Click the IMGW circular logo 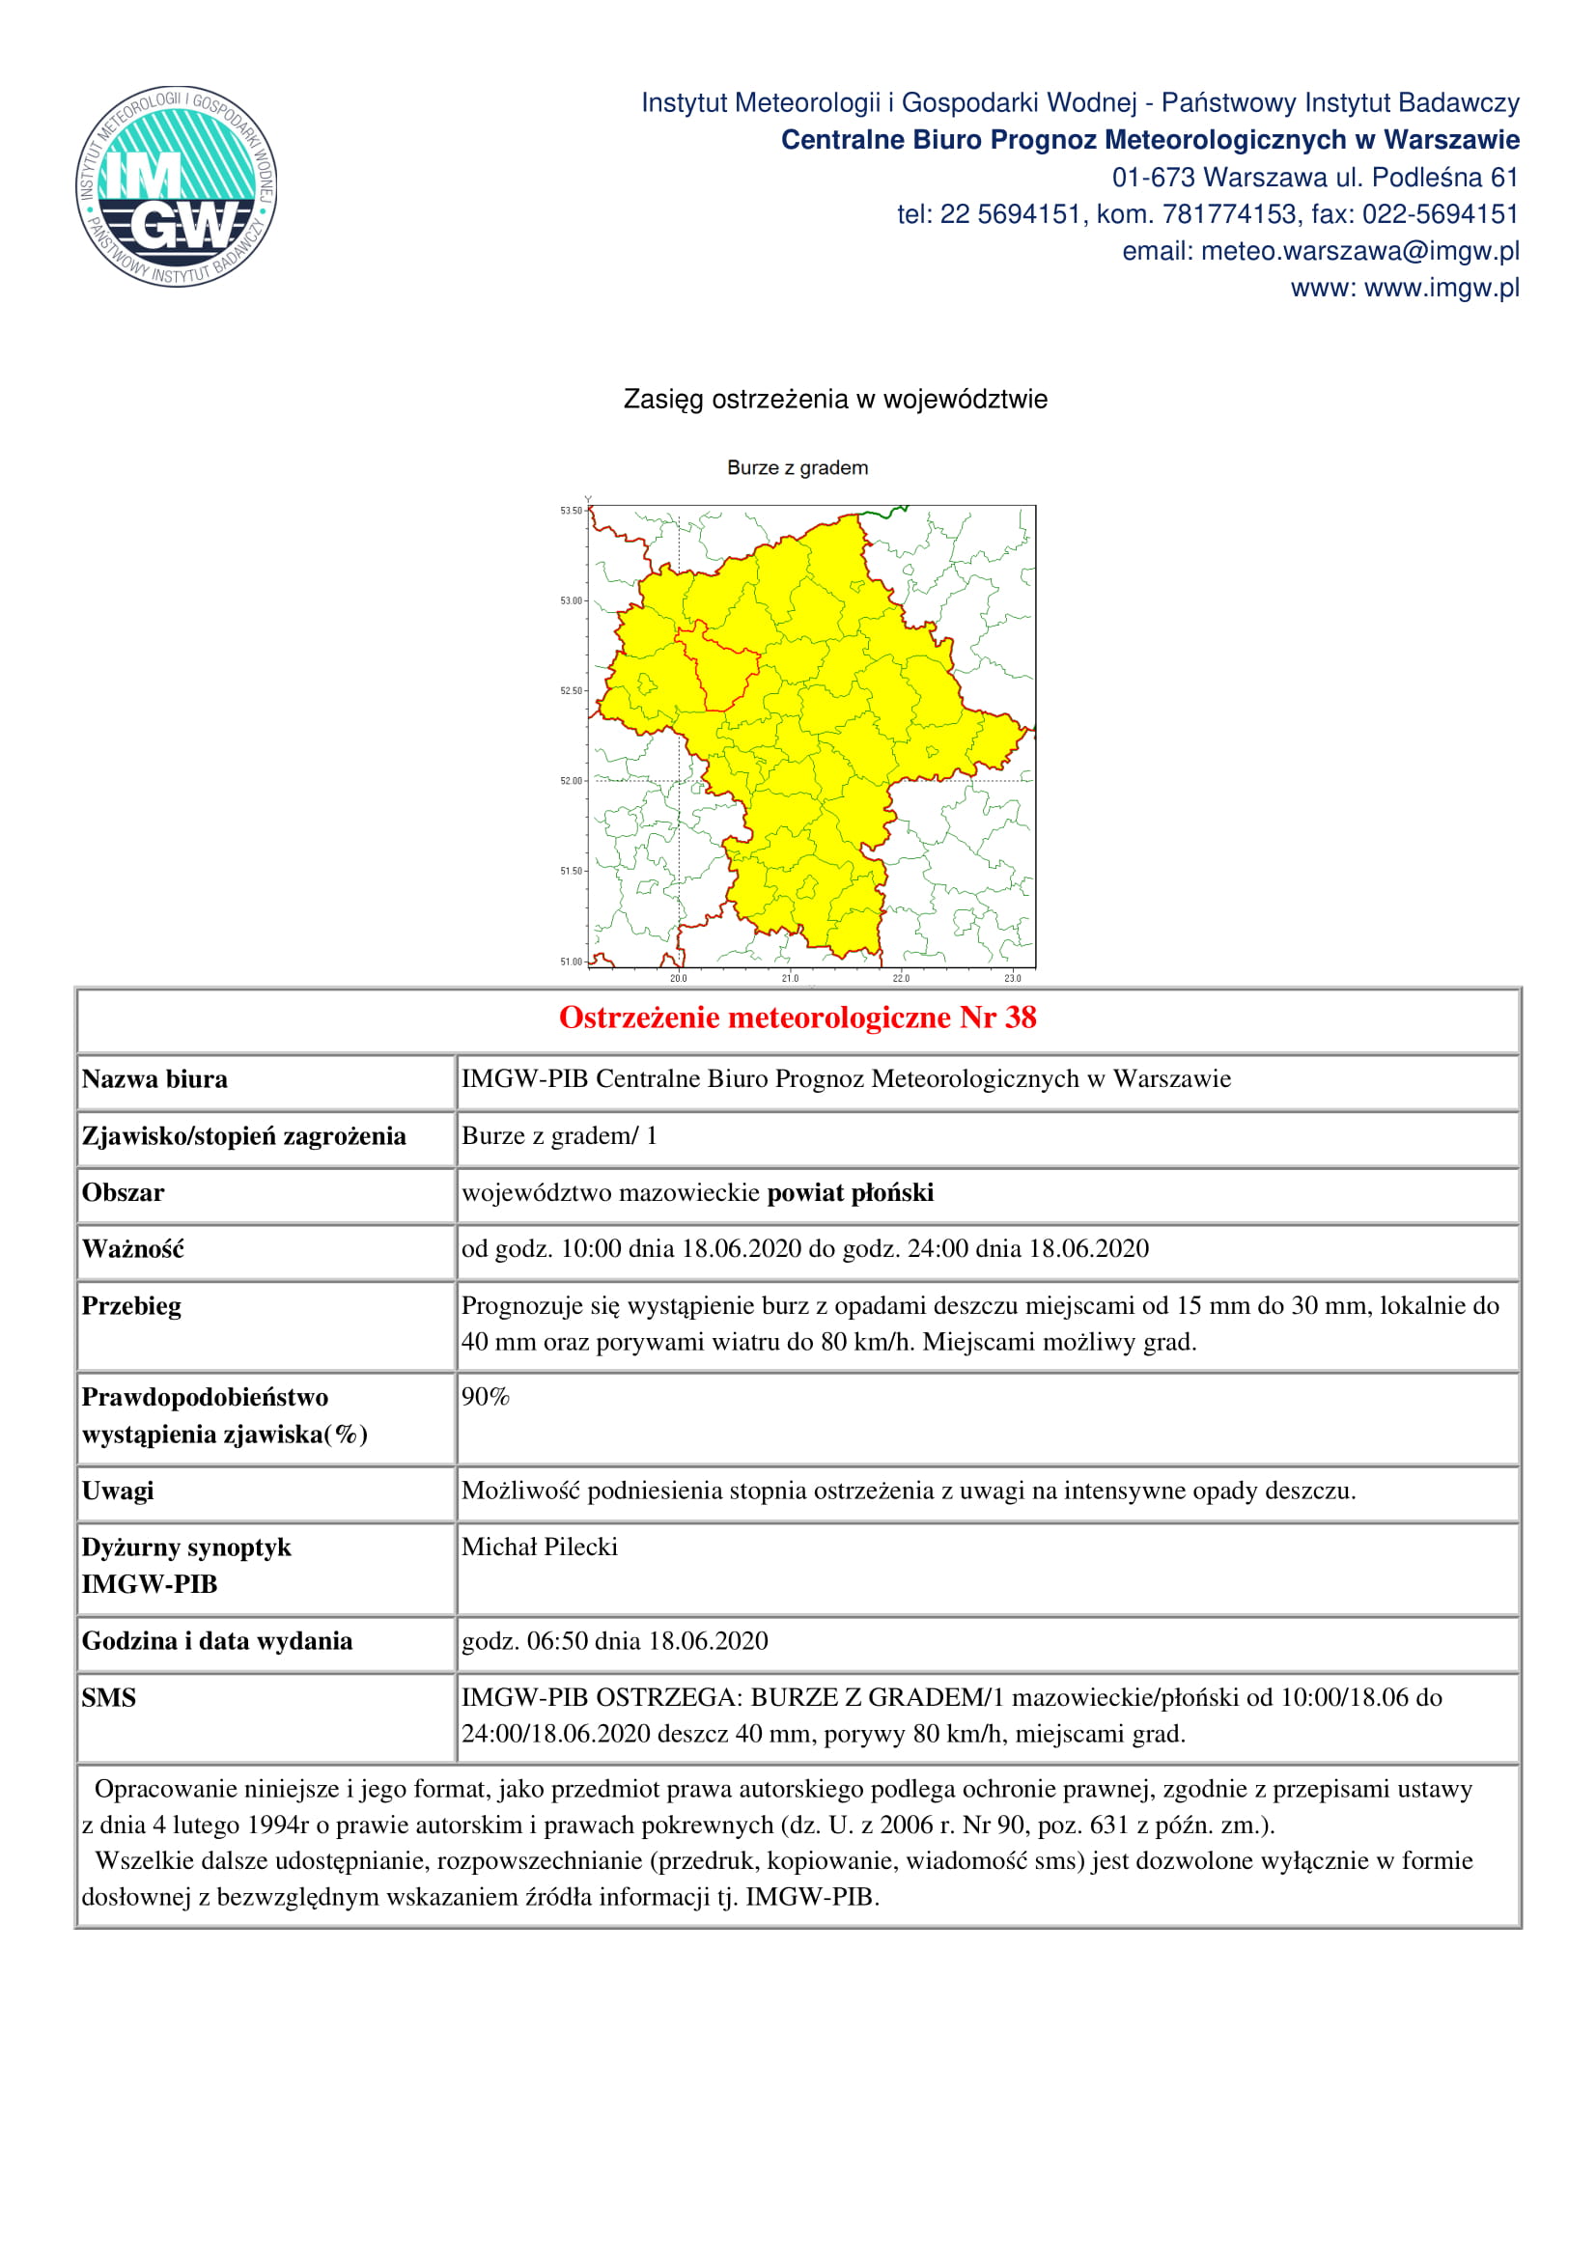(x=177, y=186)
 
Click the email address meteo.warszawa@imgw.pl (x=1360, y=252)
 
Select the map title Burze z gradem (x=798, y=468)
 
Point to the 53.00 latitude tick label (x=572, y=600)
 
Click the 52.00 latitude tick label (x=572, y=781)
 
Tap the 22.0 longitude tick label (x=901, y=979)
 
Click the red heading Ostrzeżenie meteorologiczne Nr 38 (x=798, y=1017)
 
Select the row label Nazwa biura (x=154, y=1080)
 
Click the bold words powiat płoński (x=851, y=1193)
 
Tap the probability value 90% (x=486, y=1398)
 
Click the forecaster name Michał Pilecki (x=540, y=1547)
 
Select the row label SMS (x=109, y=1697)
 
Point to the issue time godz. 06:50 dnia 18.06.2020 (x=615, y=1640)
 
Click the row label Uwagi (x=118, y=1491)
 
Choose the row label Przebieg (x=131, y=1306)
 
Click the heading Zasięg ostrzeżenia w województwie (x=835, y=400)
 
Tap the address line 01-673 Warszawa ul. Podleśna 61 (x=1315, y=178)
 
